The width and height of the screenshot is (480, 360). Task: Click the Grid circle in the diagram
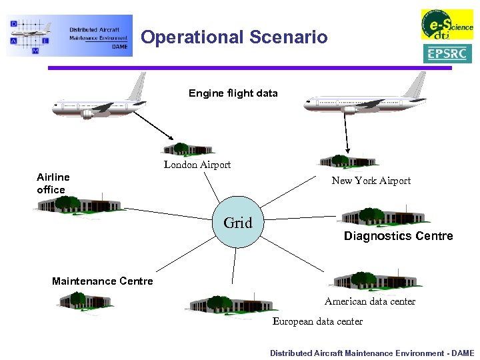[x=237, y=223]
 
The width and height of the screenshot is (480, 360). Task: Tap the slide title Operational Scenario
[x=234, y=37]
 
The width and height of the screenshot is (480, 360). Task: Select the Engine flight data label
[x=233, y=93]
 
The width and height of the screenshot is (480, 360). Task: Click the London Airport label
[x=197, y=165]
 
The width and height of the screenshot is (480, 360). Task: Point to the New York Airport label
[x=371, y=181]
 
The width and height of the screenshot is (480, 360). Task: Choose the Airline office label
[x=53, y=183]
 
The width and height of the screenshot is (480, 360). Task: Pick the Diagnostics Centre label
[x=398, y=236]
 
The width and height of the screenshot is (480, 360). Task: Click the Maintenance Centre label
[x=102, y=281]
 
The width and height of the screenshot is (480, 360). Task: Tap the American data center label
[x=369, y=301]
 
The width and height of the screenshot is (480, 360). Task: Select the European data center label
[x=317, y=321]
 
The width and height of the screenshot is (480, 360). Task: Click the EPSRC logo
[x=447, y=53]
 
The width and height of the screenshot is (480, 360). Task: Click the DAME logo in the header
[x=69, y=35]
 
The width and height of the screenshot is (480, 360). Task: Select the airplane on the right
[x=365, y=100]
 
